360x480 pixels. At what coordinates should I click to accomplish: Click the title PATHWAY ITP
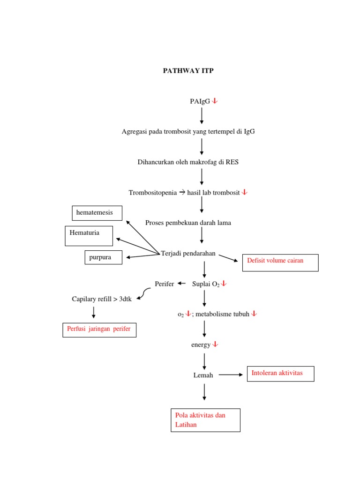tap(187, 71)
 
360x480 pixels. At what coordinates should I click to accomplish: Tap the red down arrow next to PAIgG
tap(215, 101)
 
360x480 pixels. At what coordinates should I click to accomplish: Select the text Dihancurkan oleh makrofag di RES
tap(188, 162)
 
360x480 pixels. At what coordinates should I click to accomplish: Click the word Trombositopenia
tap(153, 193)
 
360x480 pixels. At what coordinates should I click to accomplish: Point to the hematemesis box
tap(97, 213)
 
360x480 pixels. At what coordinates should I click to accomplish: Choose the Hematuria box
tap(89, 235)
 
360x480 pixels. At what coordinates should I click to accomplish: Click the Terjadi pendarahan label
tap(188, 254)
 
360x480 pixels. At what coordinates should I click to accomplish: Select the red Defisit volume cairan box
tap(280, 262)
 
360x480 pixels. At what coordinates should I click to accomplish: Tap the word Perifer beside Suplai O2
tap(164, 284)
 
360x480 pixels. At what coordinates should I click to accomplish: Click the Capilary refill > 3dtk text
tap(102, 299)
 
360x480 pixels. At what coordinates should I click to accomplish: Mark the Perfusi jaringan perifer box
tap(99, 330)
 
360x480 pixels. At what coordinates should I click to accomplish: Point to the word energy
tap(201, 345)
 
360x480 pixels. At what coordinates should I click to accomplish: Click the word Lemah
tap(203, 375)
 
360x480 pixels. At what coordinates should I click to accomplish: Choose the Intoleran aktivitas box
tap(280, 374)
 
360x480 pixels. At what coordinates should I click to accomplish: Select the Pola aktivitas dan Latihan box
tap(205, 420)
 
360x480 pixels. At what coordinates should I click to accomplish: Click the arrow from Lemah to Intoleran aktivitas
tap(231, 375)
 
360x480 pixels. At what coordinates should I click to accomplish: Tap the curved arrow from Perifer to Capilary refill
tap(144, 293)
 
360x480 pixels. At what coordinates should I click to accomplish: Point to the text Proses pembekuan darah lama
tap(188, 223)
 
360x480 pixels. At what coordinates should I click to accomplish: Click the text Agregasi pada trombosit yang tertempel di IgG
tap(188, 132)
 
